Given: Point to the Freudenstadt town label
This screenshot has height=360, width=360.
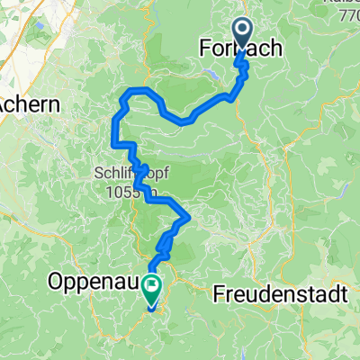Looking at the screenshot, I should point(281,293).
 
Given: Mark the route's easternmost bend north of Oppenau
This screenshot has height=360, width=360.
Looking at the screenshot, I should point(187,217).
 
